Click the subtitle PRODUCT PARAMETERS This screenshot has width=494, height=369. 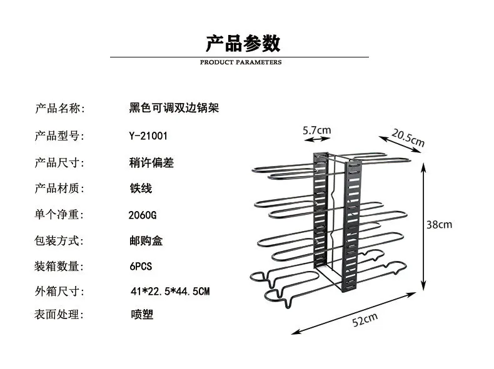tap(241, 62)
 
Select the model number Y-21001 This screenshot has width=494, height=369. tap(148, 136)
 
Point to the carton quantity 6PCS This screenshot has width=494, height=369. tap(140, 266)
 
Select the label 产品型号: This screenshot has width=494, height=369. tap(59, 136)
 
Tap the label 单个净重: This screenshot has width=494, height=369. tap(59, 215)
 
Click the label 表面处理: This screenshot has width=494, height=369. tap(59, 315)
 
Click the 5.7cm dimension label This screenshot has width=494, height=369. tap(316, 130)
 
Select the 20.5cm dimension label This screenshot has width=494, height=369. tap(408, 138)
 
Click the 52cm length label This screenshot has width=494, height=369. tap(366, 320)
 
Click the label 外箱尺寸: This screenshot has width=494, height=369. tap(59, 292)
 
